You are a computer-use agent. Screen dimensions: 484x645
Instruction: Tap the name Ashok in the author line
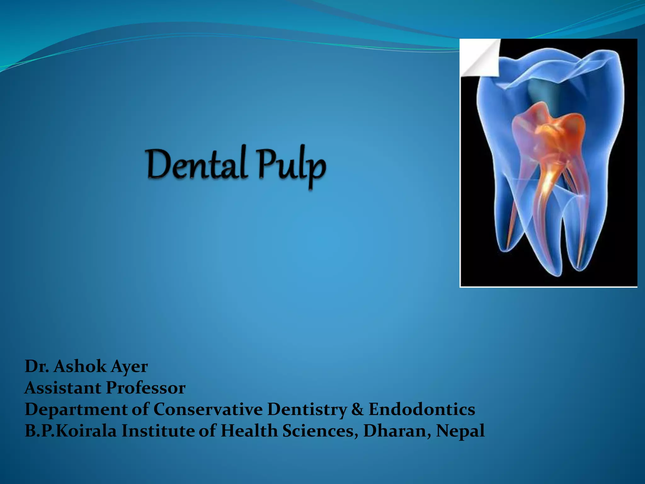click(80, 366)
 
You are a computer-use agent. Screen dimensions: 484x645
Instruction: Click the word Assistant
click(63, 388)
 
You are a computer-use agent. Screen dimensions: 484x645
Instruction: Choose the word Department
click(76, 410)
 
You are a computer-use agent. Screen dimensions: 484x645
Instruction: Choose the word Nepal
click(460, 431)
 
